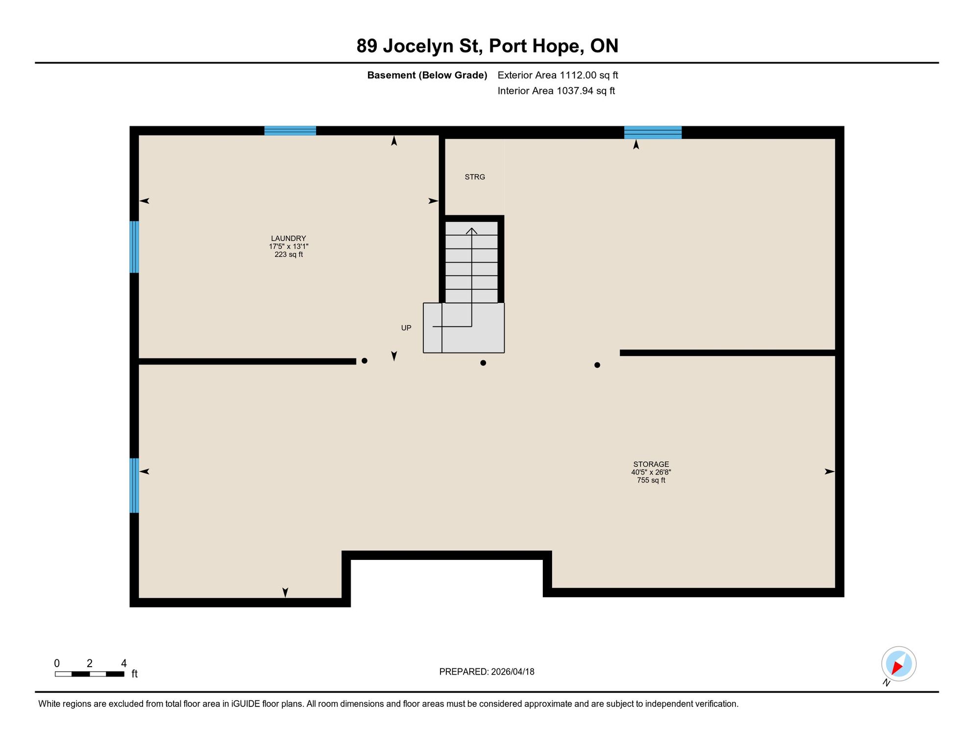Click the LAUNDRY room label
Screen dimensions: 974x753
(x=289, y=238)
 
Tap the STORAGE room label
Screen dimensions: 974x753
(x=651, y=464)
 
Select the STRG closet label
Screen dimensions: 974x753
(x=475, y=177)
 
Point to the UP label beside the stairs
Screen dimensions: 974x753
(x=406, y=328)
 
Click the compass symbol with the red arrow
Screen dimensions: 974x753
(x=899, y=664)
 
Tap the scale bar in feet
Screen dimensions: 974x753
(x=90, y=674)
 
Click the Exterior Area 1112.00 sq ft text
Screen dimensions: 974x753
(x=558, y=75)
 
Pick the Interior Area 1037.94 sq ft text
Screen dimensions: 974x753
(x=556, y=91)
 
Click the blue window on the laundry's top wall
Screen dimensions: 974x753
(x=290, y=131)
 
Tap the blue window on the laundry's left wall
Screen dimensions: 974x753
(x=134, y=247)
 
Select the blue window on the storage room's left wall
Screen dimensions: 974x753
(x=134, y=485)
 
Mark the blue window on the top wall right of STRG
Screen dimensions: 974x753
(x=653, y=132)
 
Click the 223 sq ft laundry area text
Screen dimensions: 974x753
(x=289, y=254)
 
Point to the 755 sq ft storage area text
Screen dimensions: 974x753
(x=651, y=480)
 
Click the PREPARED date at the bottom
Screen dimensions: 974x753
(x=487, y=672)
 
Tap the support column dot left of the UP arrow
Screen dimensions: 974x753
(x=365, y=361)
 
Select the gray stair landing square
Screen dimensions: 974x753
(x=464, y=328)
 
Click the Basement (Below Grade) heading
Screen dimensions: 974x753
(x=427, y=75)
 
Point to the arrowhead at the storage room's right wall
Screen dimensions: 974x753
(x=829, y=472)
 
